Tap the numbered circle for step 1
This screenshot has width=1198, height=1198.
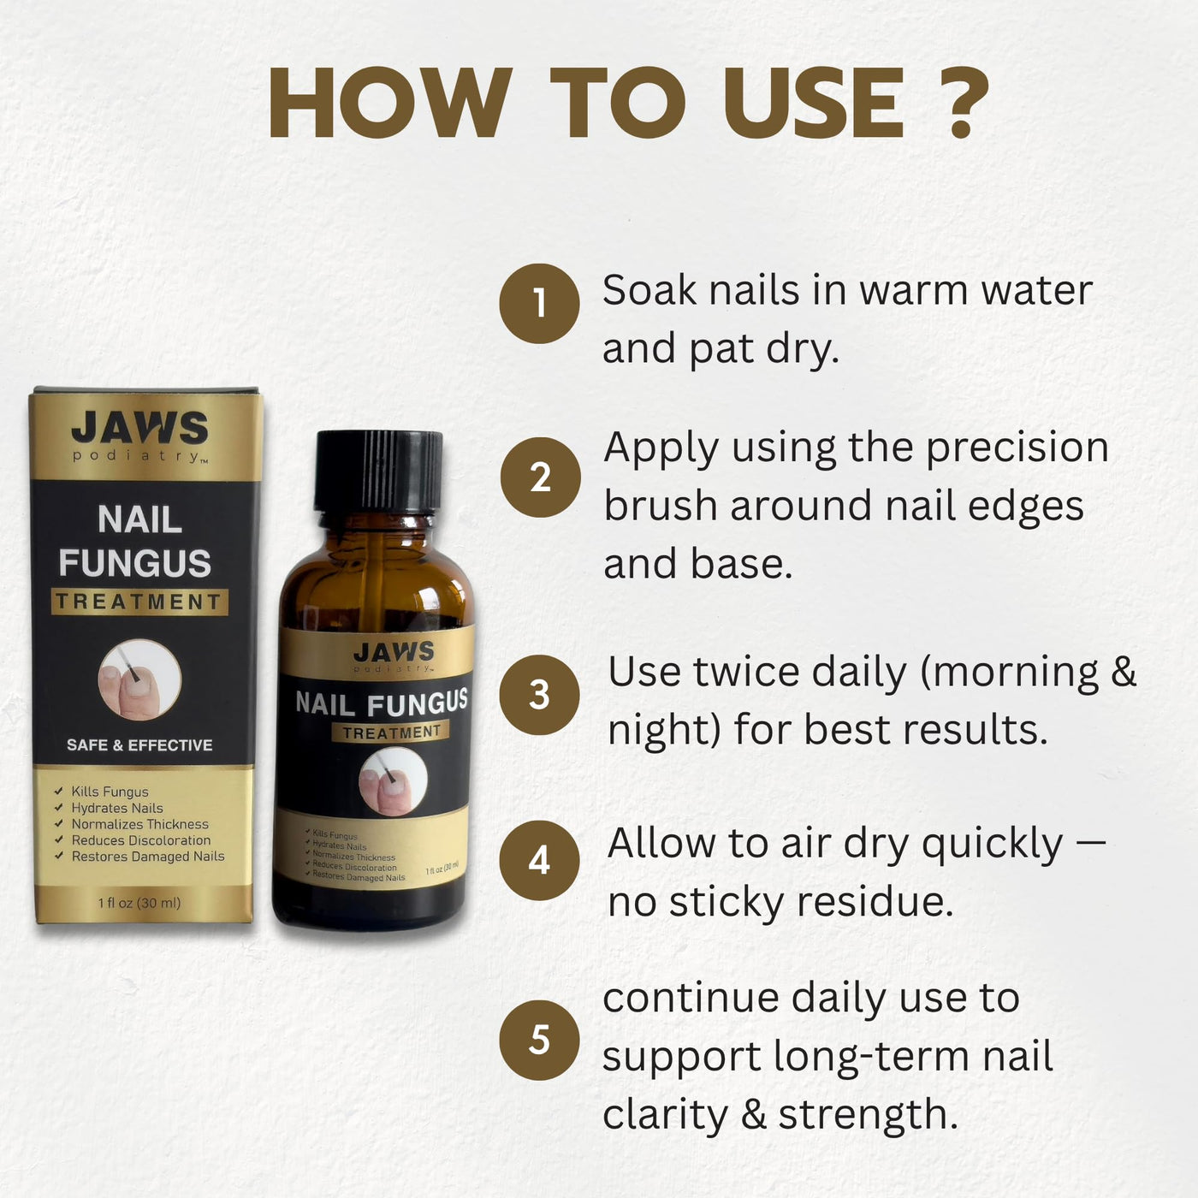(x=539, y=304)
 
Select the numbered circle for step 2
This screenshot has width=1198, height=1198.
(x=540, y=477)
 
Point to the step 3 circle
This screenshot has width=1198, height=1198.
(x=539, y=695)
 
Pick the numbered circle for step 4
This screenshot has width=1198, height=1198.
(x=539, y=861)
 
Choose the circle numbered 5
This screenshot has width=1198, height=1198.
(x=539, y=1040)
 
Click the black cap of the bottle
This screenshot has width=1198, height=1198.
(x=378, y=471)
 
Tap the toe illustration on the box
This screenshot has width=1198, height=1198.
(x=139, y=679)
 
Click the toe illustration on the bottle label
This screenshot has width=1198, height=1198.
(x=393, y=781)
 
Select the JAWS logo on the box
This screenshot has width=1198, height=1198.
(x=139, y=437)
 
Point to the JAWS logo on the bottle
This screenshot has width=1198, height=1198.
(x=394, y=655)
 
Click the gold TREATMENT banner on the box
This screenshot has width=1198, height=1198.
(x=139, y=602)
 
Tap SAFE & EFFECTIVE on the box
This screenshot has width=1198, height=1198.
(x=139, y=744)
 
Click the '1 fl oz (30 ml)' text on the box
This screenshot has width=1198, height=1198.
(x=139, y=902)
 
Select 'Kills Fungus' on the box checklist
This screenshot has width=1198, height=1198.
(x=110, y=792)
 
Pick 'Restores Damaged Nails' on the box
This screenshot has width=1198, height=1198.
(x=148, y=856)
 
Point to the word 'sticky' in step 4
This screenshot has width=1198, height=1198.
(x=727, y=904)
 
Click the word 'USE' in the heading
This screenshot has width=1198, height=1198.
(x=814, y=103)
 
